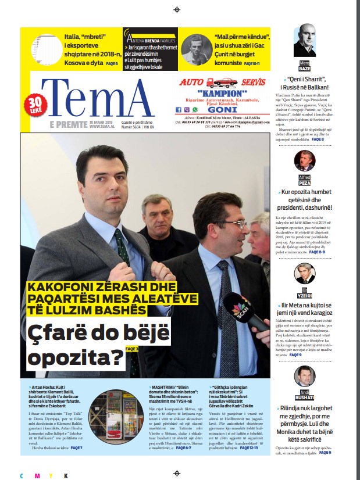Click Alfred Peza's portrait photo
[x=305, y=161]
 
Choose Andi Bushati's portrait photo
[x=305, y=377]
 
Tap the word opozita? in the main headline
[x=77, y=360]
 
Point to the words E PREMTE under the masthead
[x=69, y=124]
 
